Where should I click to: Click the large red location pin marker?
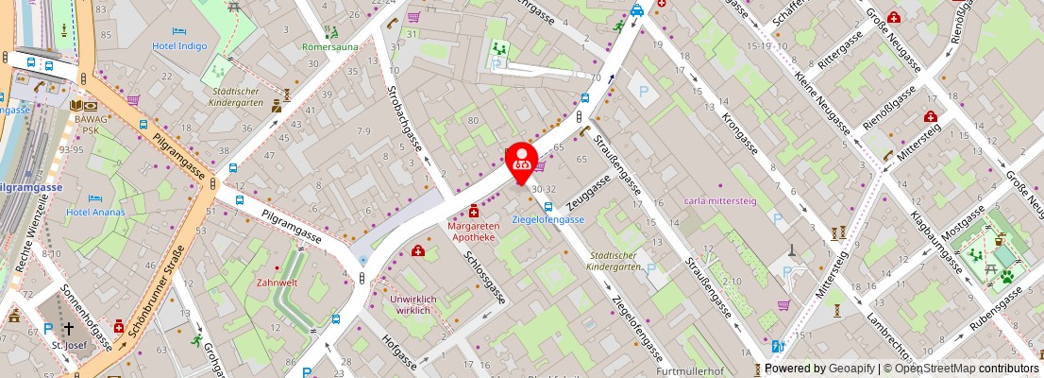(522, 163)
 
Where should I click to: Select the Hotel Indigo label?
(180, 44)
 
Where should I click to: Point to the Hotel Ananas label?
(96, 212)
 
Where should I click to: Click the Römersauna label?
(329, 46)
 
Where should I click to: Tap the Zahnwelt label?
(278, 283)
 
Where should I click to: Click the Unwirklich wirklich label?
(413, 304)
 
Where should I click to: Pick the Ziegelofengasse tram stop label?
(547, 219)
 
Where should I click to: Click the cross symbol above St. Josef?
(69, 329)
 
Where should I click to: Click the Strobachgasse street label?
(405, 118)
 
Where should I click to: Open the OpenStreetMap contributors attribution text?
(959, 369)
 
